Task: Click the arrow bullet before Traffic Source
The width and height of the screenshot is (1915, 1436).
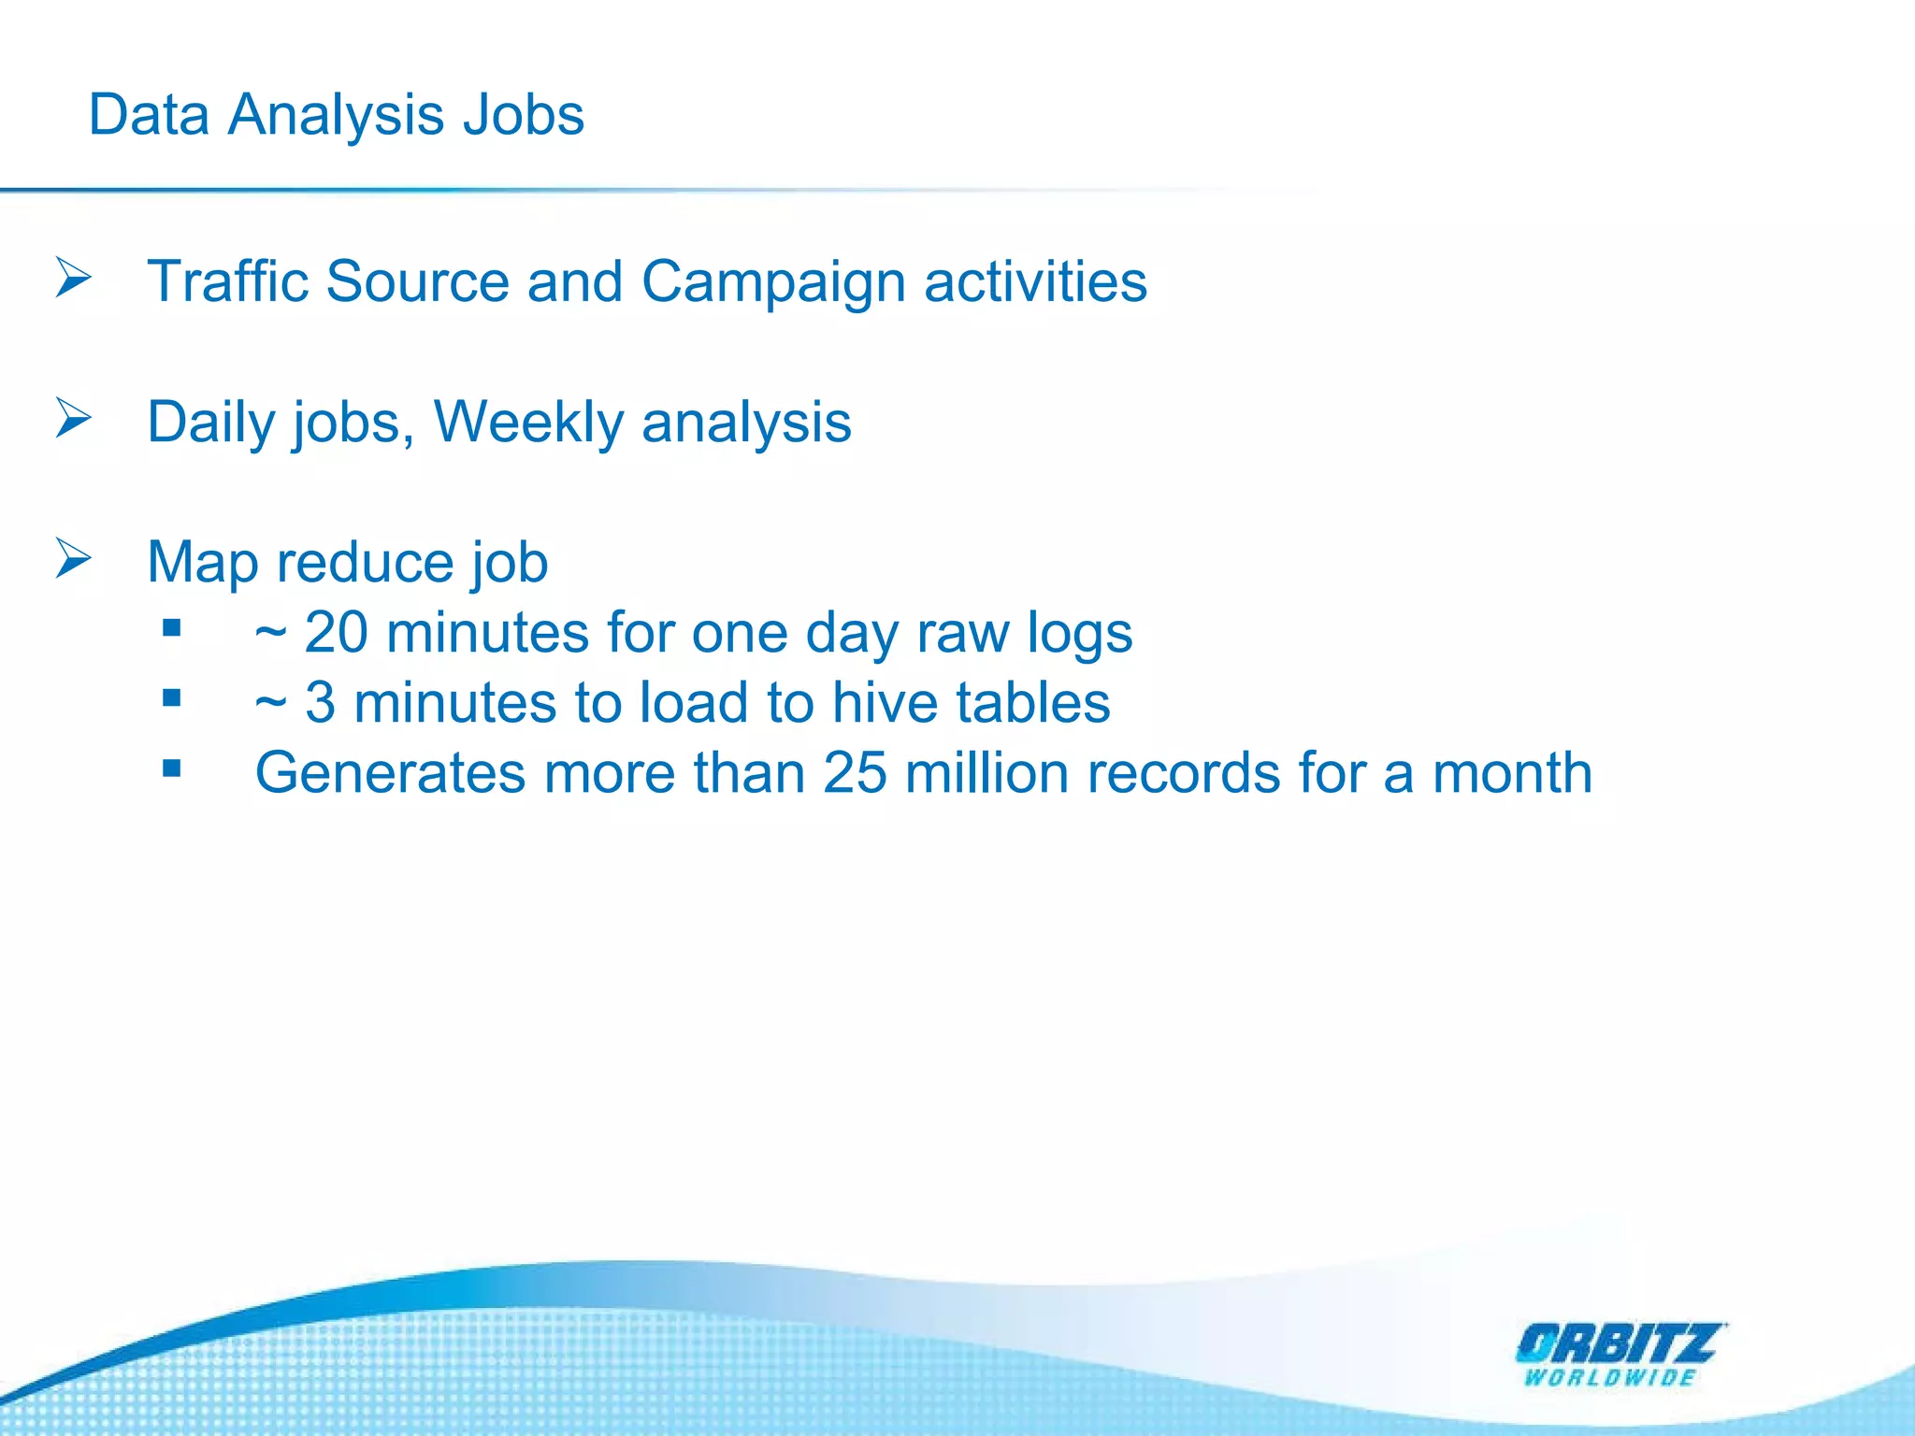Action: [x=73, y=278]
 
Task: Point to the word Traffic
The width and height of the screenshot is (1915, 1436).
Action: [x=227, y=281]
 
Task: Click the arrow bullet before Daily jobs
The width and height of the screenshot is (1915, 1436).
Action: [x=73, y=418]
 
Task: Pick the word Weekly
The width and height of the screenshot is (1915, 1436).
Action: [x=528, y=423]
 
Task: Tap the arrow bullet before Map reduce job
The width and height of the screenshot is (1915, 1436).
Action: [x=73, y=558]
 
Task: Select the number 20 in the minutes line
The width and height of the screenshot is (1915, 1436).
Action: [x=336, y=633]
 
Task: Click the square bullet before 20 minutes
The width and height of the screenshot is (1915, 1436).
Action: [x=171, y=628]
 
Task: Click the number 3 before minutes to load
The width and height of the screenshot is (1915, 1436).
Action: [x=320, y=703]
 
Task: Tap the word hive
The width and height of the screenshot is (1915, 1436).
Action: [x=885, y=703]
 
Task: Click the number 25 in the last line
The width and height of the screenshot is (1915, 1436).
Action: [x=855, y=774]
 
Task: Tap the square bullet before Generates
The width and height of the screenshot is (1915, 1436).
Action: [x=171, y=768]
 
